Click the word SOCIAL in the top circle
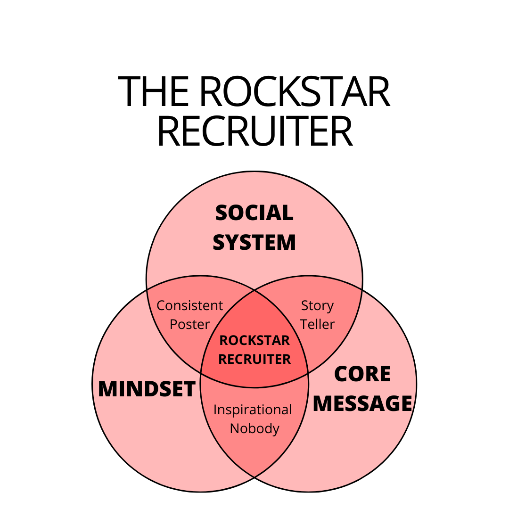point(254,213)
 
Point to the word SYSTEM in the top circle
point(254,243)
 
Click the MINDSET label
point(147,389)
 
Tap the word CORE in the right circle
point(362,374)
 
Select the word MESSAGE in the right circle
point(362,404)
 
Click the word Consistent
point(189,306)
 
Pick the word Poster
point(189,324)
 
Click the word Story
point(317,306)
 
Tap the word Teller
point(317,324)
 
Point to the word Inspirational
point(253,410)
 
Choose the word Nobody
point(254,429)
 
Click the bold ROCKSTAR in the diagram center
point(254,340)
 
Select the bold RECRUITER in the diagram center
point(254,359)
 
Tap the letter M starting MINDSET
point(107,389)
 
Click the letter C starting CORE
point(342,374)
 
